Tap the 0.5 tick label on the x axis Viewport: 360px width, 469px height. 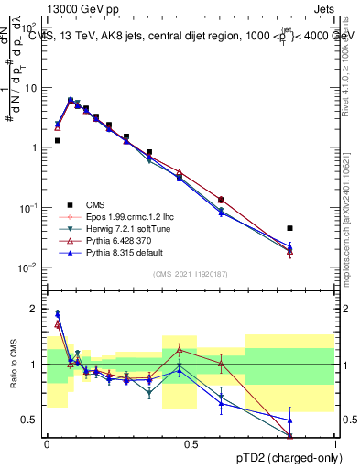pos(191,444)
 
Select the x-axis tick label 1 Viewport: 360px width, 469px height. pos(334,444)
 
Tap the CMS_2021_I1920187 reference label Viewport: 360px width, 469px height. pos(191,274)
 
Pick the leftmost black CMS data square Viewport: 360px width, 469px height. pos(57,140)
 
